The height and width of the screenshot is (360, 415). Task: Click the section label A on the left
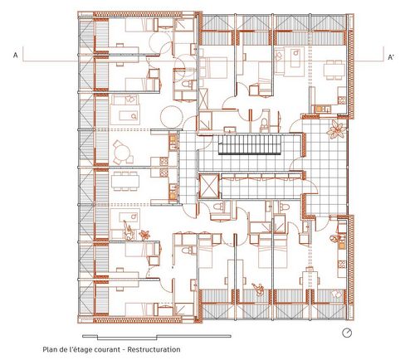tap(16, 56)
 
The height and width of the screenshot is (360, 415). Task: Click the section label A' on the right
tap(391, 57)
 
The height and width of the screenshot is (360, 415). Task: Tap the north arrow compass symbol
tap(347, 333)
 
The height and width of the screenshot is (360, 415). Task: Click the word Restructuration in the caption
tap(154, 349)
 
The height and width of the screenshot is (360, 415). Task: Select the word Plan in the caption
tap(49, 349)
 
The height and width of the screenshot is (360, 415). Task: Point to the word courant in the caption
tap(106, 350)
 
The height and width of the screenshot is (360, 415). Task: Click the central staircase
tap(250, 144)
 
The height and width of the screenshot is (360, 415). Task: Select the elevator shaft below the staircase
tap(209, 187)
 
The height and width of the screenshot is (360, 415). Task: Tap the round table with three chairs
tap(123, 153)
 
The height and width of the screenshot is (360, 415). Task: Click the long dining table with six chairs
tap(125, 181)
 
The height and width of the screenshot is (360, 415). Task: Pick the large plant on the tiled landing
tap(336, 129)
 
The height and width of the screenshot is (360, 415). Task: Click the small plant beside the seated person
tap(144, 235)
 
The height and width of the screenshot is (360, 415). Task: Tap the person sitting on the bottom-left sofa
tap(128, 230)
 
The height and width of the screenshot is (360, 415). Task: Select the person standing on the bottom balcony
tap(259, 289)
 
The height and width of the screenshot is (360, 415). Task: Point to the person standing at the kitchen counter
tap(334, 238)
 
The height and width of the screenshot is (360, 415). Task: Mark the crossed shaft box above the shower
tap(204, 99)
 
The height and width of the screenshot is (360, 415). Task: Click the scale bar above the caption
tap(157, 337)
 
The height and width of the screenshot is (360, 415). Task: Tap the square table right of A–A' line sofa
tap(334, 69)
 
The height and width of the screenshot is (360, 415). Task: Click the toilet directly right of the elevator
tap(221, 206)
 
